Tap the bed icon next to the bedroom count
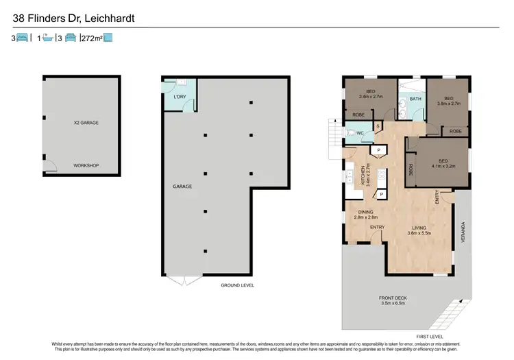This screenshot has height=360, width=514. point(23,39)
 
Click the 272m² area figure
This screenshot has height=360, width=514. point(92,39)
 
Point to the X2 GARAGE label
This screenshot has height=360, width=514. point(86,123)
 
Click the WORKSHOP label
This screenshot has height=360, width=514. point(86,165)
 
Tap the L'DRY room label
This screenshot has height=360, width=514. point(180,97)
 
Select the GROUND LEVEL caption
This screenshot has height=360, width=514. point(238,285)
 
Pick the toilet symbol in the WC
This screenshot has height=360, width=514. point(352,133)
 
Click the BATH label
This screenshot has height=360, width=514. point(415,99)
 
